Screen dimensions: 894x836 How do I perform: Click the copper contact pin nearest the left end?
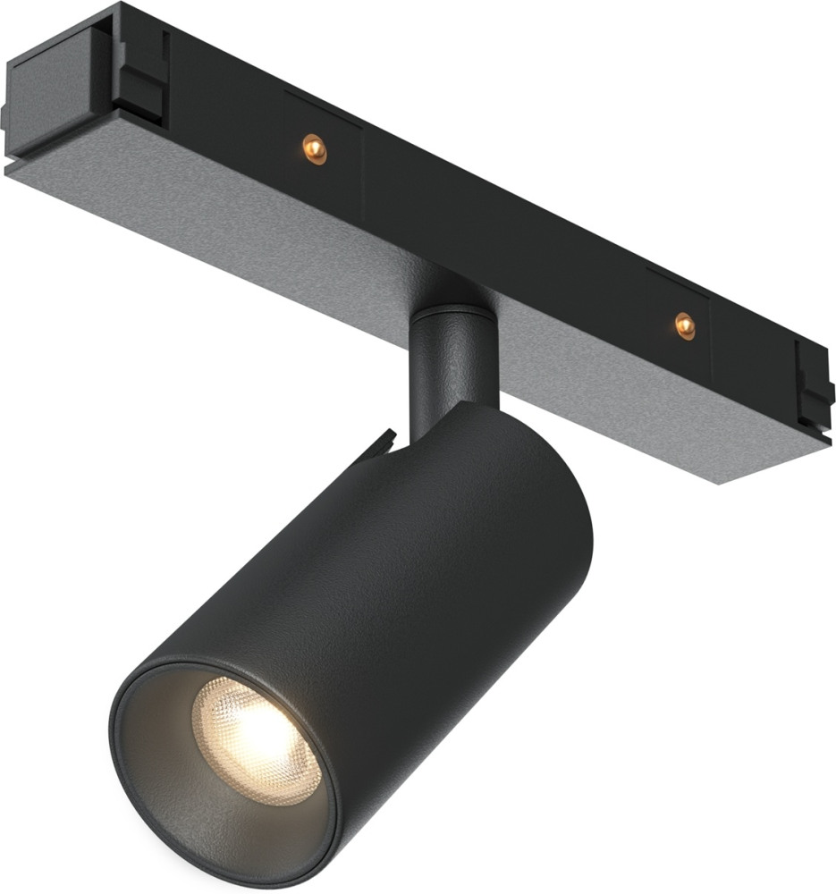(314, 147)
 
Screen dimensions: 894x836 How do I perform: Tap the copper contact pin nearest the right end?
(685, 325)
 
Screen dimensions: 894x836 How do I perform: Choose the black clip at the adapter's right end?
(815, 384)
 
